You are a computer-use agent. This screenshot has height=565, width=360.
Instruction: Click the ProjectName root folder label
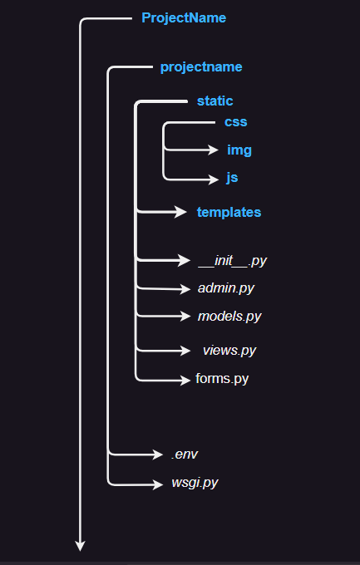pyautogui.click(x=184, y=17)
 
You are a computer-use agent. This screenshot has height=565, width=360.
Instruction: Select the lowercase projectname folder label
pyautogui.click(x=201, y=66)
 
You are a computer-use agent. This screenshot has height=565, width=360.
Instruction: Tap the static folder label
pyautogui.click(x=215, y=101)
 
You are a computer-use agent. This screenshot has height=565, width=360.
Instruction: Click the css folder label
pyautogui.click(x=235, y=122)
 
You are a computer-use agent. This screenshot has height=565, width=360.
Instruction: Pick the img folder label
pyautogui.click(x=239, y=150)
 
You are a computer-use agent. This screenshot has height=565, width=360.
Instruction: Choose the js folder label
pyautogui.click(x=233, y=178)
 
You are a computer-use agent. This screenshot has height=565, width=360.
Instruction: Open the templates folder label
pyautogui.click(x=229, y=212)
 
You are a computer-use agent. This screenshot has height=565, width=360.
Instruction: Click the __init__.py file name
pyautogui.click(x=232, y=261)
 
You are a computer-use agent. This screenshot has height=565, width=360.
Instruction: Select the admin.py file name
pyautogui.click(x=226, y=288)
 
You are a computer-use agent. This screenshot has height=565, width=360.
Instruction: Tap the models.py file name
pyautogui.click(x=229, y=316)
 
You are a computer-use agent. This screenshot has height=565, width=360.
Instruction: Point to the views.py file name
pyautogui.click(x=229, y=350)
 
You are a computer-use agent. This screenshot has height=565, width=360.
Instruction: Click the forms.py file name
pyautogui.click(x=222, y=379)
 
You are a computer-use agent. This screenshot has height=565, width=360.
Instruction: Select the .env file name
pyautogui.click(x=185, y=454)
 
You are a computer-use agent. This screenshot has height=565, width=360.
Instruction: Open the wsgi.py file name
pyautogui.click(x=194, y=482)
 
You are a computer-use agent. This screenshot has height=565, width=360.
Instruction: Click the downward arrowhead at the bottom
pyautogui.click(x=81, y=546)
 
